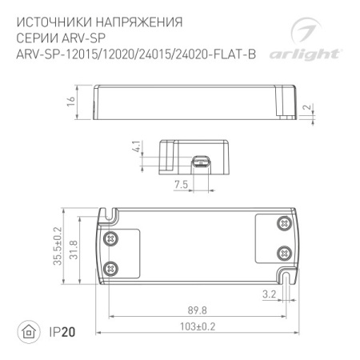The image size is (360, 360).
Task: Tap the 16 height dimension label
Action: tap(71, 101)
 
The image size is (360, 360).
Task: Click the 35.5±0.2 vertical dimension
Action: tap(70, 246)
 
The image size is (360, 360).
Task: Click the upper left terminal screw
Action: tap(111, 237)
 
